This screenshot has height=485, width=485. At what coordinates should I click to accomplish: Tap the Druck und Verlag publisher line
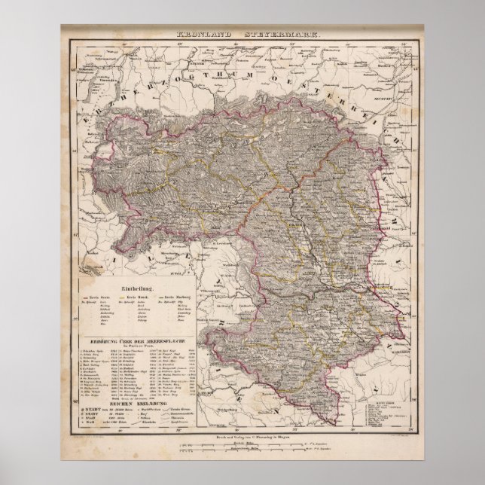tap(241, 436)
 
